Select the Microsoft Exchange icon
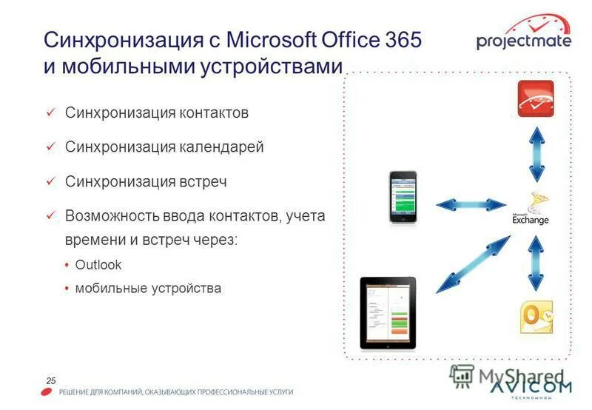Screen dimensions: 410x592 [x=531, y=209]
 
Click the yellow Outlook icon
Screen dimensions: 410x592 [x=534, y=316]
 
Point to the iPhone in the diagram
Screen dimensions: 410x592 [x=403, y=197]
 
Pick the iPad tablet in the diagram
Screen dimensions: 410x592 [x=388, y=312]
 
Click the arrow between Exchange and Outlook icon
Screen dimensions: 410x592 [x=534, y=263]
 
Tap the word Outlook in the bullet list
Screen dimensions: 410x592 [x=98, y=264]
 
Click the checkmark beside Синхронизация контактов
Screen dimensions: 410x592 [x=50, y=112]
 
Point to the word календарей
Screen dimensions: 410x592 [x=222, y=147]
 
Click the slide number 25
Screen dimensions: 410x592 [x=51, y=380]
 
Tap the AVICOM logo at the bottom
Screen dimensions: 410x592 [x=531, y=388]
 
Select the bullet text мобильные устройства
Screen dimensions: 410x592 [x=148, y=288]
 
